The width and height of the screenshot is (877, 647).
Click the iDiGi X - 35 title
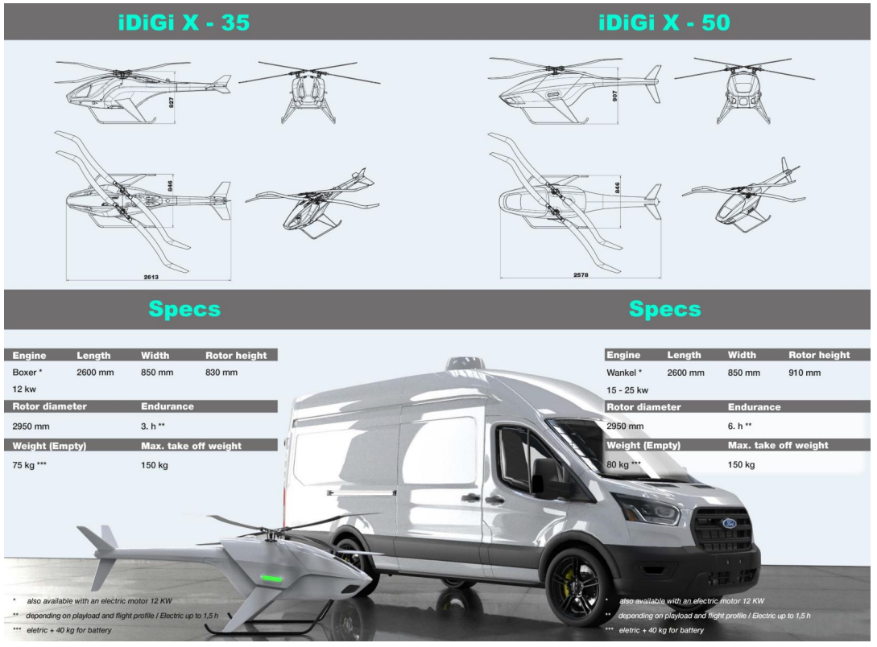(184, 23)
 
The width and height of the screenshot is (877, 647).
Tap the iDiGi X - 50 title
(664, 23)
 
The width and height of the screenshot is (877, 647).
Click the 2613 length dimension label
(151, 277)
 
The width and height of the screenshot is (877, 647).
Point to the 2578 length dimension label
(581, 275)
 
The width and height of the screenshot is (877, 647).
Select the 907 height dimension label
(614, 96)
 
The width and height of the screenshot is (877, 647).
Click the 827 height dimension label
(172, 102)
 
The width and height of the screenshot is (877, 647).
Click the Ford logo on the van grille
(729, 523)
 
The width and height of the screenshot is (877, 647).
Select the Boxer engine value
(27, 372)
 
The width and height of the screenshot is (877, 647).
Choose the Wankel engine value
(624, 373)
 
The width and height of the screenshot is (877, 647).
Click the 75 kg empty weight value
(29, 465)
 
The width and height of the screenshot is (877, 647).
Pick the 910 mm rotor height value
(805, 373)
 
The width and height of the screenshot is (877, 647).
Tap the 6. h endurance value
(739, 426)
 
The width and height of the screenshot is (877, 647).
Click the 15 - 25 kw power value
(627, 390)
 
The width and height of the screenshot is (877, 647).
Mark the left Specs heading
(184, 309)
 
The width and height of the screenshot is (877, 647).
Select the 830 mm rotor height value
(221, 372)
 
